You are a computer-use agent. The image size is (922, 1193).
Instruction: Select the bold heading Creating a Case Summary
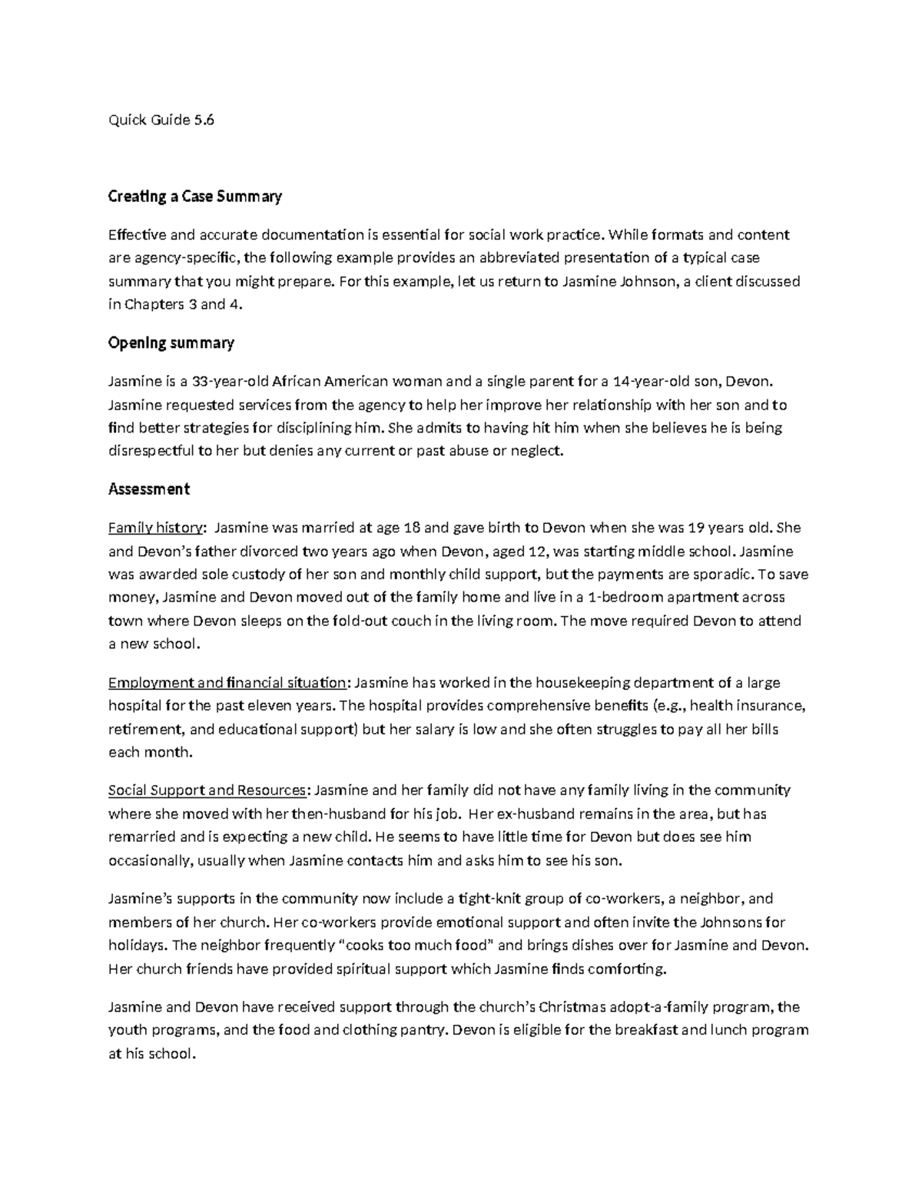pyautogui.click(x=195, y=197)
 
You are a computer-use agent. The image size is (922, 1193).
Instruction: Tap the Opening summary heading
pyautogui.click(x=171, y=343)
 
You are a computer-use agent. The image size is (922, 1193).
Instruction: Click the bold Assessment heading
pyautogui.click(x=149, y=489)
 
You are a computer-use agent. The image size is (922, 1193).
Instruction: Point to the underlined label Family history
pyautogui.click(x=157, y=528)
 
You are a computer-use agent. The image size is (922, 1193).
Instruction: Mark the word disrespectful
pyautogui.click(x=151, y=450)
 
